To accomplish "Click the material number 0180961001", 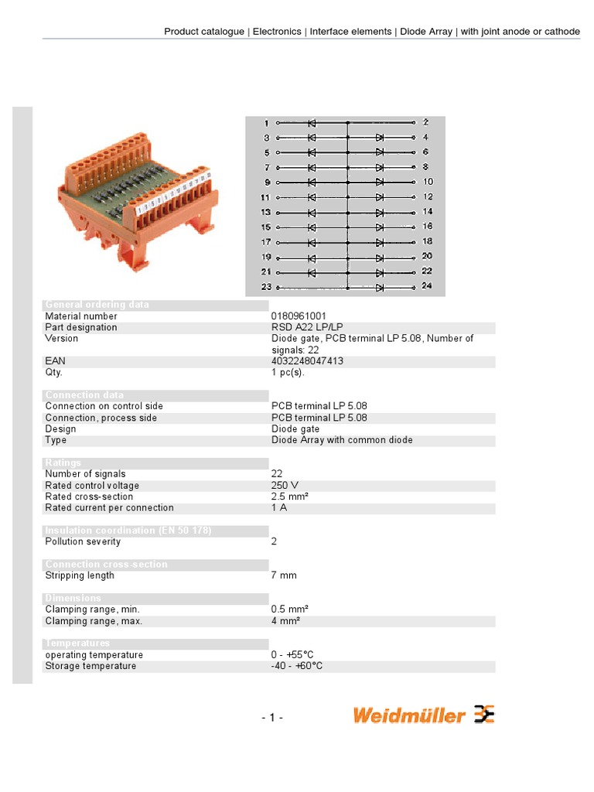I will coord(299,316).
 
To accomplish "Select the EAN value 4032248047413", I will coord(307,361).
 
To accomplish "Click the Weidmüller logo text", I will coord(409,715).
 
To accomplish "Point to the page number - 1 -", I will coord(272,718).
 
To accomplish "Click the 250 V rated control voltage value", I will coord(285,486).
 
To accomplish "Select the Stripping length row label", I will coord(80,575).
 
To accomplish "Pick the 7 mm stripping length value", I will coord(284,575).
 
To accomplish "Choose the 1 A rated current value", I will coord(279,508).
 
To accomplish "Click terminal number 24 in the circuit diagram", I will coord(427,286).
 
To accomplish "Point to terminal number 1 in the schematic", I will coord(266,123).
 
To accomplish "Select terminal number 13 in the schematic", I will coord(265,212).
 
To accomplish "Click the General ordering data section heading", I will coord(97,305).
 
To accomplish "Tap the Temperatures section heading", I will coord(77,643).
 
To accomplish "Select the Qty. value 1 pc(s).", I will coord(288,372).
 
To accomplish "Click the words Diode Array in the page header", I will coord(426,32).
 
